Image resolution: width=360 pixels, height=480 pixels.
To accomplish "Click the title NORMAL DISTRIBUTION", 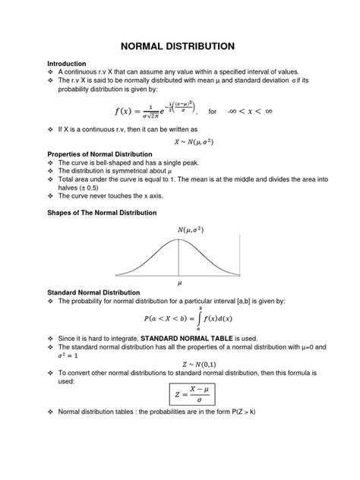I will coord(179,46).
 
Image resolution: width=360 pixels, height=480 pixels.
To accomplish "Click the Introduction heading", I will coord(68,63).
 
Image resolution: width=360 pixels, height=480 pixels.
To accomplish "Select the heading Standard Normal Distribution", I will coord(93,292).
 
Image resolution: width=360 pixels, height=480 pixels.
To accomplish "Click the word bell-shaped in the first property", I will coord(111,163).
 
